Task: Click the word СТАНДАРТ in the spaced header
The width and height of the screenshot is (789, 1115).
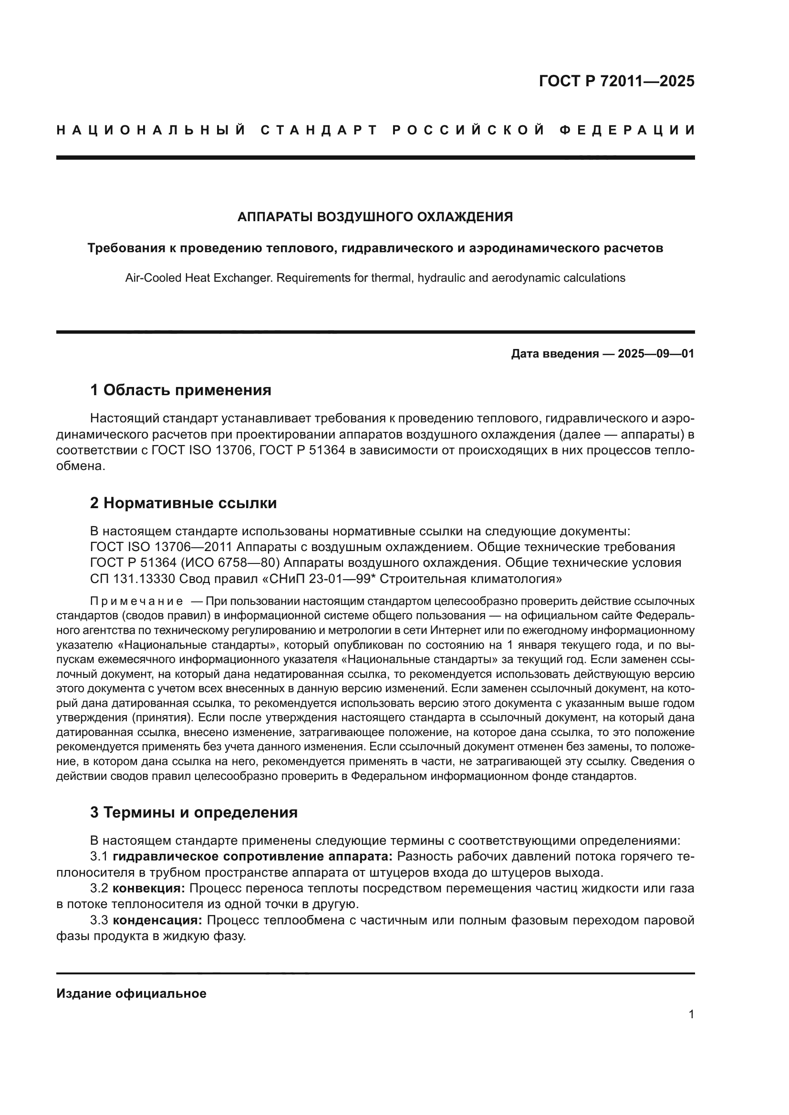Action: (x=319, y=130)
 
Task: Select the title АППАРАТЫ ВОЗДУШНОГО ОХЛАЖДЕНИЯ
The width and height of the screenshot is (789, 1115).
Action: (x=375, y=217)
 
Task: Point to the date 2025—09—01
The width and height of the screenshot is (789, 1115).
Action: (x=655, y=354)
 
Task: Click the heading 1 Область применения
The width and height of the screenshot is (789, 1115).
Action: (x=181, y=390)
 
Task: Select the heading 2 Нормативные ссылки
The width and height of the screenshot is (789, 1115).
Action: (x=183, y=503)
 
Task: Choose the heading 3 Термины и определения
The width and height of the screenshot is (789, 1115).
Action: (x=194, y=812)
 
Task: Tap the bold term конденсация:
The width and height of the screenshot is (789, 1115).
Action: (x=157, y=920)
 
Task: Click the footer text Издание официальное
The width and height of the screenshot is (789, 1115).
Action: (x=131, y=993)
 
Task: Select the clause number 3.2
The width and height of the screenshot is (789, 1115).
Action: (x=99, y=889)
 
